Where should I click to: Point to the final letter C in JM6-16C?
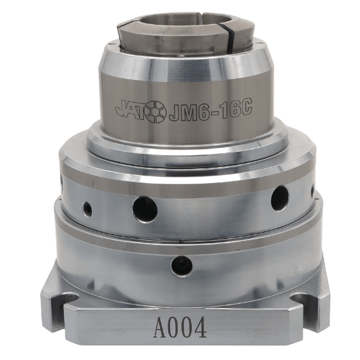tap(244, 107)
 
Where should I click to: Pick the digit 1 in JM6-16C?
tap(220, 109)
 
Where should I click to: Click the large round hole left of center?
tap(145, 209)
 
